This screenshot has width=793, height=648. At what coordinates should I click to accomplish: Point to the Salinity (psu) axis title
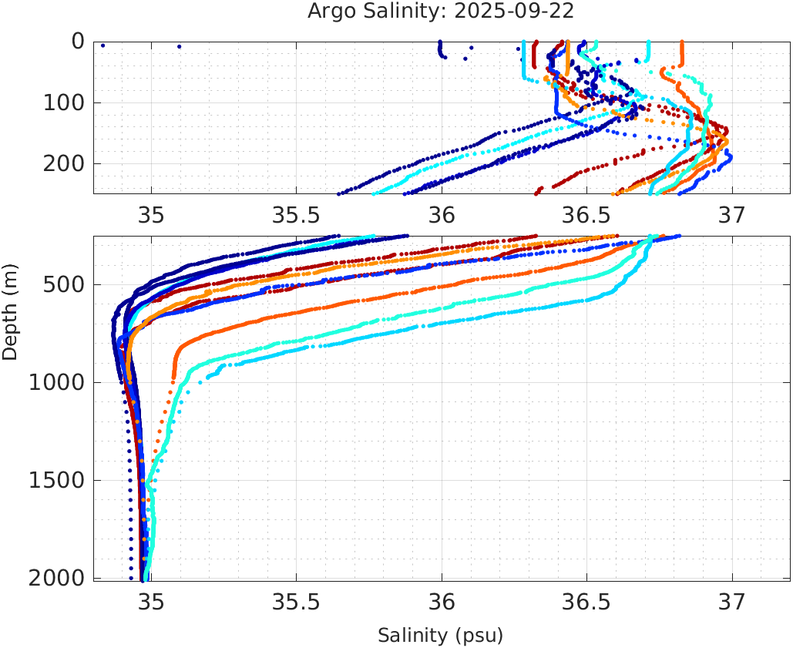(441, 636)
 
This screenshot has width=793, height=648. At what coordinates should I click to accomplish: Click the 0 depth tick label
(78, 42)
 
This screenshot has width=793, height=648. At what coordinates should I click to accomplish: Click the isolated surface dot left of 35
(102, 45)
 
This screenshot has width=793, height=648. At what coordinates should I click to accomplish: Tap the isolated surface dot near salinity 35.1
(180, 46)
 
